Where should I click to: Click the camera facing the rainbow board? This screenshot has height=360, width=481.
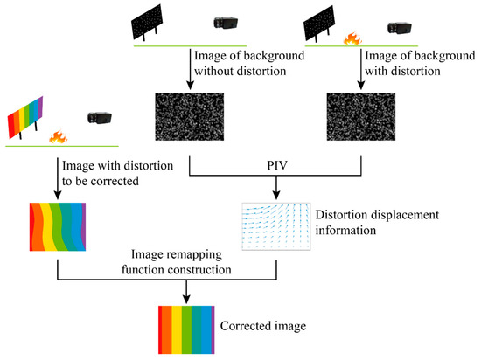[100, 117]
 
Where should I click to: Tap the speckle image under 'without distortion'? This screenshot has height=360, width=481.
[189, 119]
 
